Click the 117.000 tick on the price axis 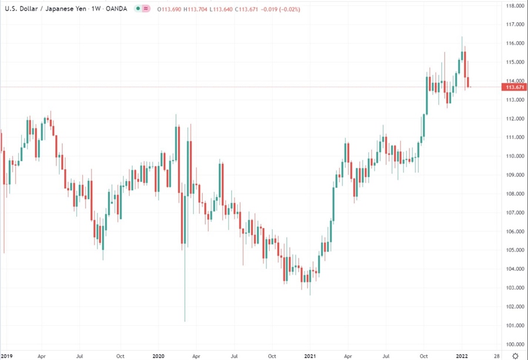(515, 25)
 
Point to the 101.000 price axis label (515, 325)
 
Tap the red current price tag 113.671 (515, 87)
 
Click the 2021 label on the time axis (310, 356)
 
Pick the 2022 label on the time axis (462, 356)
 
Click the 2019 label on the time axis (6, 356)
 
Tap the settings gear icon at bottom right (515, 356)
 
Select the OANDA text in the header (115, 8)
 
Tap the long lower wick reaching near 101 (184, 293)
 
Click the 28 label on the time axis (497, 356)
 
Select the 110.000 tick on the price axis (515, 156)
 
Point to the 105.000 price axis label (515, 250)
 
